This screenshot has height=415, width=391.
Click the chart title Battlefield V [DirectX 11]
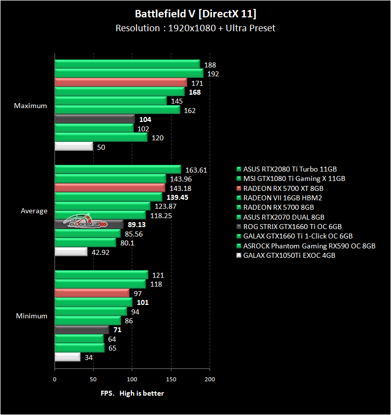pos(195,14)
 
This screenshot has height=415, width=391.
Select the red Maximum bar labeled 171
pos(120,83)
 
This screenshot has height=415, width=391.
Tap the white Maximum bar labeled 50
pos(74,147)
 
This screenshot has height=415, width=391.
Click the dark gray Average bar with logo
pos(89,224)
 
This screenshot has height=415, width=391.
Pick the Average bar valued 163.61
pos(117,170)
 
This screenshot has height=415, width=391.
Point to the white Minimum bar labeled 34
pos(67,357)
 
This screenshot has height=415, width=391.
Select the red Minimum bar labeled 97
pos(92,293)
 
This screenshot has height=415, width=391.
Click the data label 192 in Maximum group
pos(213,74)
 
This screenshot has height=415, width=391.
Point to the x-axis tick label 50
pos(93,379)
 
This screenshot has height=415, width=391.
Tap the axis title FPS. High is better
pos(132,393)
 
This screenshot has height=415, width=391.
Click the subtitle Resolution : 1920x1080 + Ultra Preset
pos(195,28)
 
